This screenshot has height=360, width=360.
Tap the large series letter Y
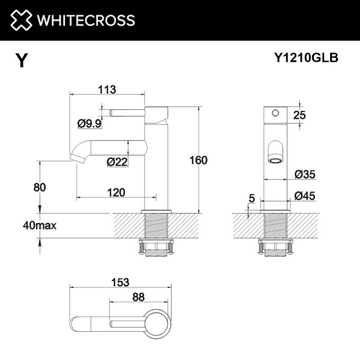click(x=22, y=61)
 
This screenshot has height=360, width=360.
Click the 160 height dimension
click(x=198, y=160)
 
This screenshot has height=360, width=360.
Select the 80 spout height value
click(x=40, y=187)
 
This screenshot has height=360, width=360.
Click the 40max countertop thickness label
click(x=40, y=226)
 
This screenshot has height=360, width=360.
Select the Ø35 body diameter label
click(x=305, y=175)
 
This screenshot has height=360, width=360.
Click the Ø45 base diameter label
click(x=305, y=196)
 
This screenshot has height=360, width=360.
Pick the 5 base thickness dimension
click(x=250, y=197)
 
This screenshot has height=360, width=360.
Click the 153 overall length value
click(x=120, y=282)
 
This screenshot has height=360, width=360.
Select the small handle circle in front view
click(x=275, y=112)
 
